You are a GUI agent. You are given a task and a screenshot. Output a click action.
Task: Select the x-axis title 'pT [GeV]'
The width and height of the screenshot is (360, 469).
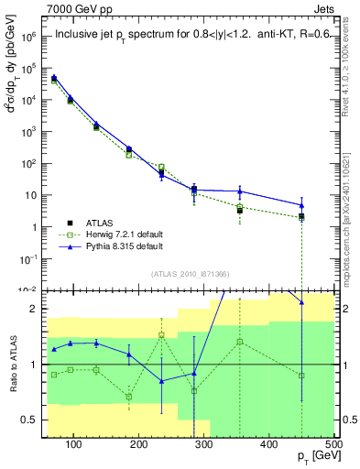click(315, 460)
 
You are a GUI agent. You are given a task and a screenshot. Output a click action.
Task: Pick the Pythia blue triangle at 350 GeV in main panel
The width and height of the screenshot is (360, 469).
click(240, 191)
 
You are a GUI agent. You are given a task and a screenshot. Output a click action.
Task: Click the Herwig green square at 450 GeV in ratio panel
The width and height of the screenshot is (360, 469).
click(301, 375)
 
